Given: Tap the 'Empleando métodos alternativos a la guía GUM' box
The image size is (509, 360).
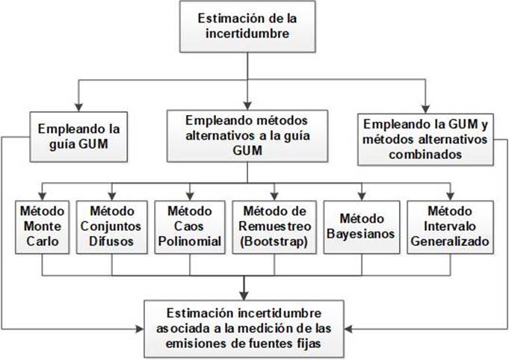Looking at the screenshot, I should pyautogui.click(x=247, y=136).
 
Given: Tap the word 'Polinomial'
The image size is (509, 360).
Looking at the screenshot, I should pyautogui.click(x=188, y=242).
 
